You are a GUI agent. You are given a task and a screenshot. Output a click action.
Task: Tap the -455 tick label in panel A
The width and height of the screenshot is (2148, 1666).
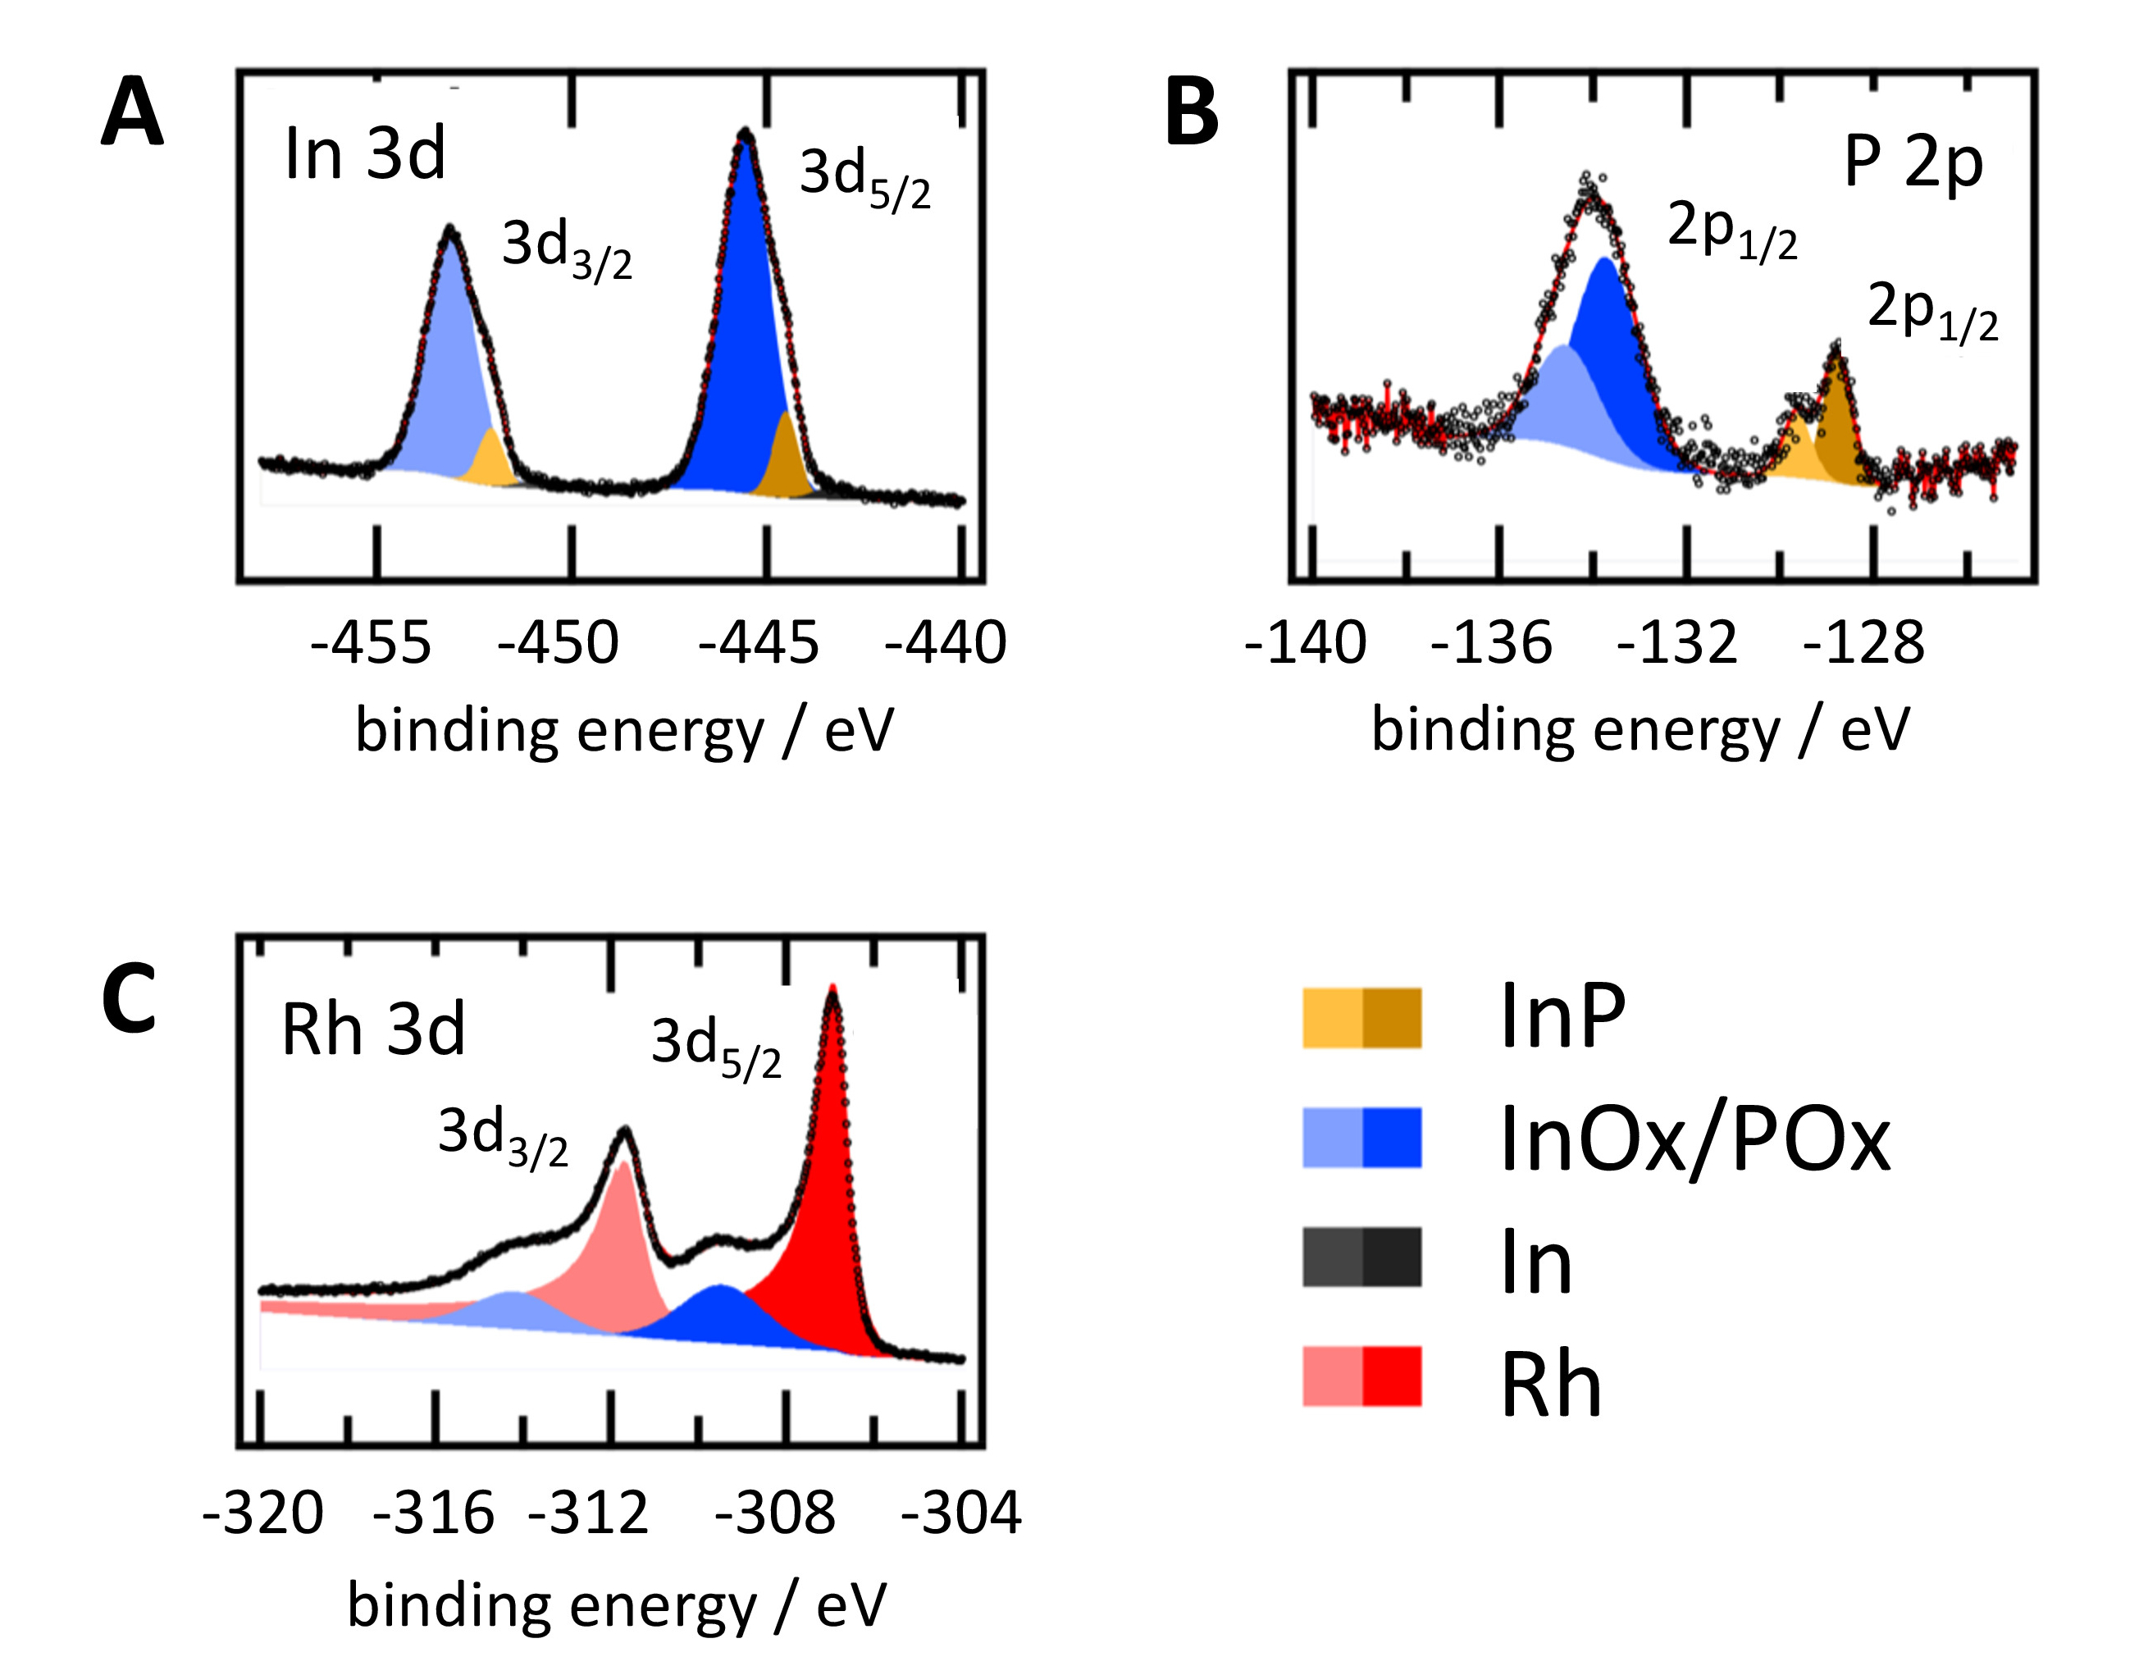pyautogui.click(x=371, y=644)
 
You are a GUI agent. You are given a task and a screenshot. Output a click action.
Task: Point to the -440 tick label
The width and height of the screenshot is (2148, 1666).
pyautogui.click(x=945, y=644)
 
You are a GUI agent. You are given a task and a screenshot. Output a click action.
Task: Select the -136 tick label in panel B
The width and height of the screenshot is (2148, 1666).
pyautogui.click(x=1491, y=644)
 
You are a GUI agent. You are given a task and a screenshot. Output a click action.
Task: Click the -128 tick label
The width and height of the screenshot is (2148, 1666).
pyautogui.click(x=1863, y=644)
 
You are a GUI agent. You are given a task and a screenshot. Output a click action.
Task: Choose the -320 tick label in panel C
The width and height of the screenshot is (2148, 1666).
pyautogui.click(x=262, y=1513)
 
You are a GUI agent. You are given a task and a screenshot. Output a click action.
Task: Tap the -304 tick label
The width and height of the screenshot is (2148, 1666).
pyautogui.click(x=961, y=1513)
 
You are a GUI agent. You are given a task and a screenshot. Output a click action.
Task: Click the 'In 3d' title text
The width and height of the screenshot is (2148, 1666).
pyautogui.click(x=365, y=154)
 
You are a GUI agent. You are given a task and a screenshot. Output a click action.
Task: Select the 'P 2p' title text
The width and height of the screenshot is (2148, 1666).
pyautogui.click(x=1913, y=162)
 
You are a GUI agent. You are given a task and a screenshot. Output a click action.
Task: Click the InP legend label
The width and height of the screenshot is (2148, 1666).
pyautogui.click(x=1562, y=1018)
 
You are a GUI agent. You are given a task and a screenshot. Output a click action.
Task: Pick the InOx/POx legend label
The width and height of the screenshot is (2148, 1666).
pyautogui.click(x=1694, y=1141)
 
